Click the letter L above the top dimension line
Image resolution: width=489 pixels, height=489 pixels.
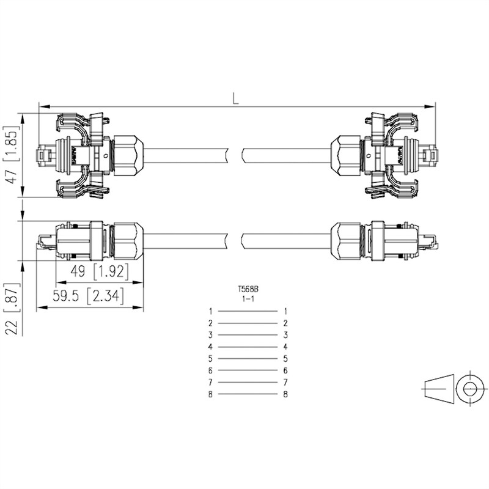point(235,98)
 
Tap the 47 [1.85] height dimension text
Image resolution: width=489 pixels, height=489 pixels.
point(11,155)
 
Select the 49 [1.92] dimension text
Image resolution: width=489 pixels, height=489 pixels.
point(100,271)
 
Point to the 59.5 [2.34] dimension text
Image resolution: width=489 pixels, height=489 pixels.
point(88,296)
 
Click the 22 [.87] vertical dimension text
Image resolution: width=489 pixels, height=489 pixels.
point(12,309)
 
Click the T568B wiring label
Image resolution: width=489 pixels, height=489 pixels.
point(248,289)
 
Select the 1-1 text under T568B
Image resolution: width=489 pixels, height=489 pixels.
point(248,299)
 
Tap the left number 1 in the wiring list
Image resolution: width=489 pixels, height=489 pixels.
point(211,311)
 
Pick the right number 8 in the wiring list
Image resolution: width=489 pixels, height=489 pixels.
point(285,394)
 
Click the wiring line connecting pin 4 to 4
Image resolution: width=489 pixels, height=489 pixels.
point(248,347)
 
